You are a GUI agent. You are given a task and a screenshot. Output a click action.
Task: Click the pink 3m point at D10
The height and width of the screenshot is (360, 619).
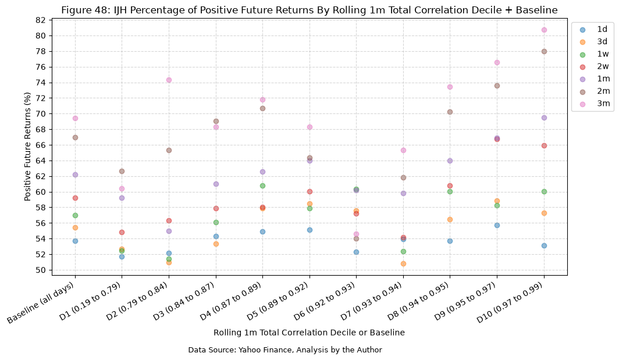544,30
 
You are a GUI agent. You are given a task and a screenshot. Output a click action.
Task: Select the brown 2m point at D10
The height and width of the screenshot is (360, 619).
544,51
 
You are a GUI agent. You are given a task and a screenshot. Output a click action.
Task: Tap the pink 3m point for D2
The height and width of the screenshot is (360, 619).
169,80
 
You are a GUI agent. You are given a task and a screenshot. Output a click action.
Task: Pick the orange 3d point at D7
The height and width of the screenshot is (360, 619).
403,263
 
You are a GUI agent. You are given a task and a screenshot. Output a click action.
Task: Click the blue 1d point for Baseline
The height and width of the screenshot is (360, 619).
75,241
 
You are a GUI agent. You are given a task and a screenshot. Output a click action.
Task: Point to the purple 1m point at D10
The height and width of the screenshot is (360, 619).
544,117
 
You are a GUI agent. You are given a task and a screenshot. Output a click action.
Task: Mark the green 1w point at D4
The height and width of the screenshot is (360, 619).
262,186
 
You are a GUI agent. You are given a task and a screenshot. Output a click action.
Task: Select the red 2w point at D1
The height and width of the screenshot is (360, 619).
122,232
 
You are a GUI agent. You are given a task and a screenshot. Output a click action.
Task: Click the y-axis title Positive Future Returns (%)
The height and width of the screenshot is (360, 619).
27,147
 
